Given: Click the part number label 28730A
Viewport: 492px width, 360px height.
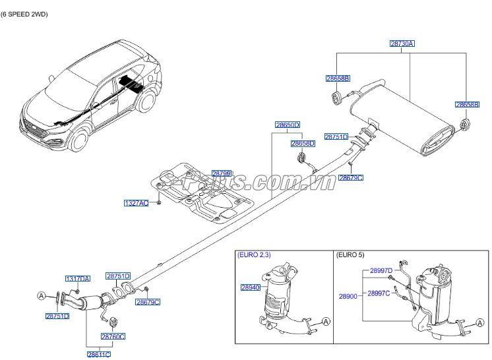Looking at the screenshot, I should (402, 44).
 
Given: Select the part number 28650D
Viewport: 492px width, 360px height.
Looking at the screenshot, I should (288, 125).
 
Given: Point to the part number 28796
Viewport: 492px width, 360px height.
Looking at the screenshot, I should (222, 173).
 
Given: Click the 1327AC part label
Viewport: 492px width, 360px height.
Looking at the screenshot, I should (137, 202).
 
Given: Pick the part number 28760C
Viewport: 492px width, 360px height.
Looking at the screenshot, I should (113, 336).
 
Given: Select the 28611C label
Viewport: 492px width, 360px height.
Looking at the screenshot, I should (98, 354).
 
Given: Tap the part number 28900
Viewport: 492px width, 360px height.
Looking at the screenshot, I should (348, 296).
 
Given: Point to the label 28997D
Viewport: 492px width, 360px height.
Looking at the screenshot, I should (381, 270).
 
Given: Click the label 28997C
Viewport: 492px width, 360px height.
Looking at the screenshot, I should (379, 293).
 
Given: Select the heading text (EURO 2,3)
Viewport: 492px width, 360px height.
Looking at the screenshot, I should (255, 255).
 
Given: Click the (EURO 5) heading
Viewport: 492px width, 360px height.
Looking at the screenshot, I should (350, 255).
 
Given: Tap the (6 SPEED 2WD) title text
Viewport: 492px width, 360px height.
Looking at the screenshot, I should (24, 14).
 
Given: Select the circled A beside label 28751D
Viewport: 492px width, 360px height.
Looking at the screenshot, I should (41, 297).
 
